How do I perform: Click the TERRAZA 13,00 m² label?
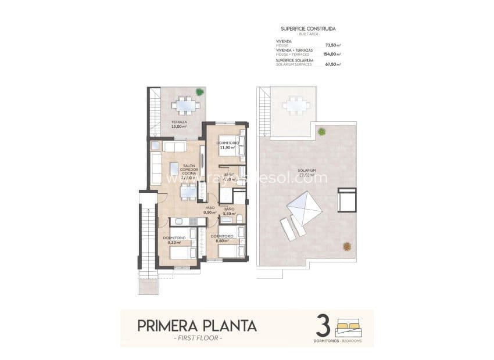[179, 124]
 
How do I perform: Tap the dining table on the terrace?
[186, 105]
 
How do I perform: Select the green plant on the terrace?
[200, 92]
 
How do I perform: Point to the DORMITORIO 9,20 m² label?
[175, 240]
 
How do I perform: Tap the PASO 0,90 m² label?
[210, 210]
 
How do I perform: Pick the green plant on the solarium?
[321, 132]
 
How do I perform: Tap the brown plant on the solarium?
[347, 246]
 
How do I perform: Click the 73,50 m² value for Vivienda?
[333, 45]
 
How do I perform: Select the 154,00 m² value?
[332, 54]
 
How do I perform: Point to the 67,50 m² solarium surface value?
[333, 64]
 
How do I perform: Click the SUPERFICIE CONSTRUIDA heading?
[307, 28]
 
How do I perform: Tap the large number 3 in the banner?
[323, 325]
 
